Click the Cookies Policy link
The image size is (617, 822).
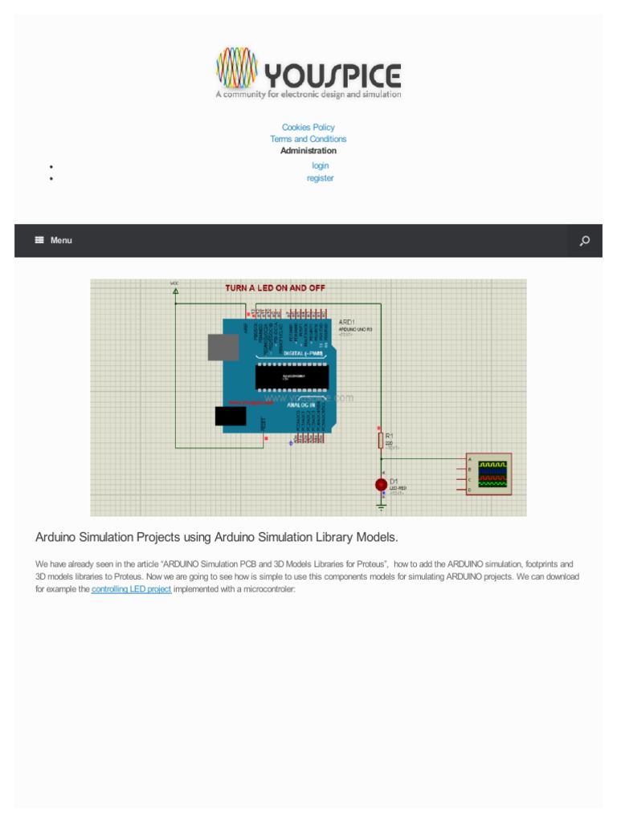pos(308,128)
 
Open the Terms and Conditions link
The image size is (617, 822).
pos(308,139)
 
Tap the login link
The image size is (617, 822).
pos(321,165)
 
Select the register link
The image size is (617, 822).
pos(320,178)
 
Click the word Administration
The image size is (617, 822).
pos(308,150)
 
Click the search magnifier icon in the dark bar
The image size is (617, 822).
pos(585,241)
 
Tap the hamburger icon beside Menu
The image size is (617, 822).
pos(39,240)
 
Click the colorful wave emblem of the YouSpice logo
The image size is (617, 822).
pos(237,68)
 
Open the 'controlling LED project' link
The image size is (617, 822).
pos(131,589)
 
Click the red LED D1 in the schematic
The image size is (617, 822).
pos(382,484)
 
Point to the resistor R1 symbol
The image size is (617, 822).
pos(381,440)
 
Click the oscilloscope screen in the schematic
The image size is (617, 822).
pos(492,474)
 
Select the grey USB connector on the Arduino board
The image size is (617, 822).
pos(223,347)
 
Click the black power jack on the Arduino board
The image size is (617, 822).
pos(230,415)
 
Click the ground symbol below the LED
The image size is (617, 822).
pos(382,506)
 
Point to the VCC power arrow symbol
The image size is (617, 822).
pos(175,291)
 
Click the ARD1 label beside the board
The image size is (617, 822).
pos(348,322)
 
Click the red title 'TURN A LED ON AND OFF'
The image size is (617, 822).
pos(275,287)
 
